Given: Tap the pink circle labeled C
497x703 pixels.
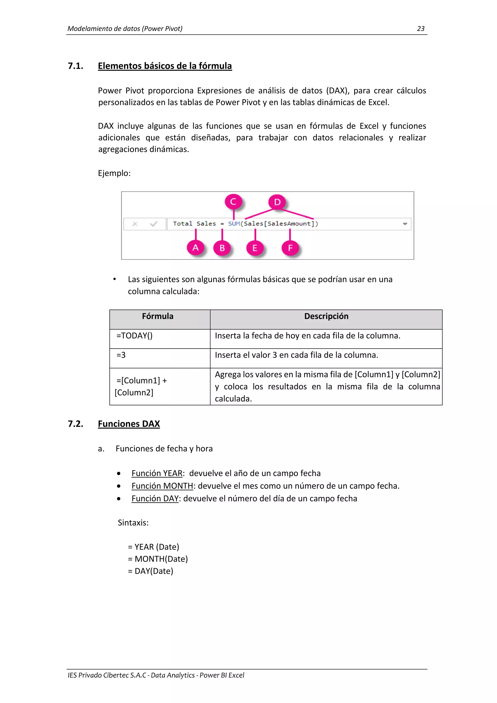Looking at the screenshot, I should click(233, 202).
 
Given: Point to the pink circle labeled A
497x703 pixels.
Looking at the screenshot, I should click(196, 247).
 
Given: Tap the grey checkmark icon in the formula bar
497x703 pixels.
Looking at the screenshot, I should click(154, 224).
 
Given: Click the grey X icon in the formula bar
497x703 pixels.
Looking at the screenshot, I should click(135, 224).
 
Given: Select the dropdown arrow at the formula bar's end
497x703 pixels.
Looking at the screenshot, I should click(405, 224).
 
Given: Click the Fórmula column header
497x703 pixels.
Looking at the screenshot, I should click(157, 316).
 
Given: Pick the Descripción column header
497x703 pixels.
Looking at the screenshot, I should click(326, 316).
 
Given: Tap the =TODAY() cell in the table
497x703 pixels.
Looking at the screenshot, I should click(134, 336).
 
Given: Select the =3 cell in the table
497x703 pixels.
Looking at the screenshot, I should click(121, 355).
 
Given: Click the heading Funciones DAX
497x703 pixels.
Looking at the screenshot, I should click(129, 424).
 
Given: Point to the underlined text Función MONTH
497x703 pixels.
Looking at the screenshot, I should click(162, 486).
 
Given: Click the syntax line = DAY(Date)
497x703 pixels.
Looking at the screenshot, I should click(150, 571).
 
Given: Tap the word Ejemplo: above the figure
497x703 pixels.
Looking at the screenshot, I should click(114, 173).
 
